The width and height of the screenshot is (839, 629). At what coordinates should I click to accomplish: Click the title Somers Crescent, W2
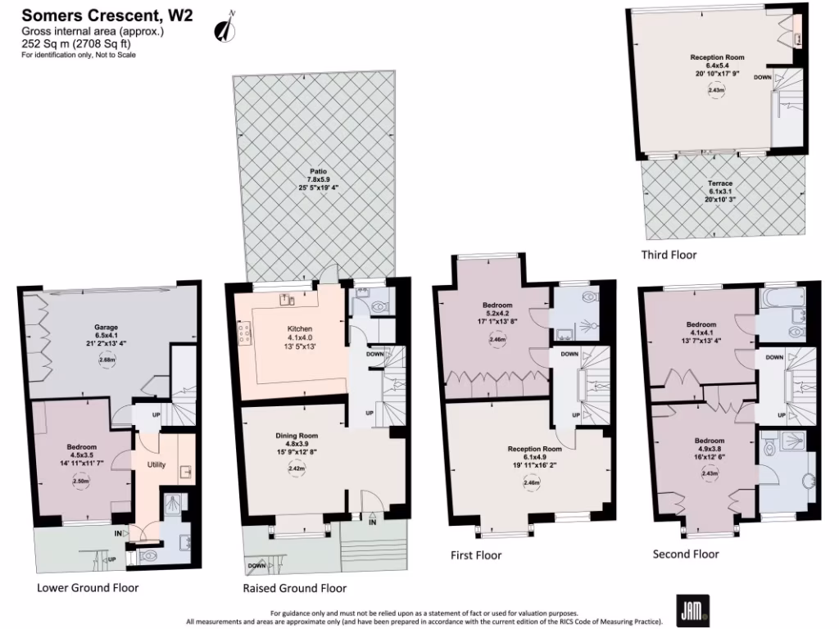click(x=107, y=15)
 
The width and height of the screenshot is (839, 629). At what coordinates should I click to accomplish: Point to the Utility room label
click(x=156, y=464)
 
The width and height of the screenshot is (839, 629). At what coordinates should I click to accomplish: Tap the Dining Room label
click(x=297, y=437)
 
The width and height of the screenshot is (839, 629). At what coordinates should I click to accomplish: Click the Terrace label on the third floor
click(x=720, y=183)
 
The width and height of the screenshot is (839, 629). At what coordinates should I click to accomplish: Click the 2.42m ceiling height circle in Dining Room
click(x=297, y=469)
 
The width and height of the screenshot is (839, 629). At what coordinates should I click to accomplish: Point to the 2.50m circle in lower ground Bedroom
click(x=80, y=482)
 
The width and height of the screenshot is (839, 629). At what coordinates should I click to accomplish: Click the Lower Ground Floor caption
click(x=88, y=587)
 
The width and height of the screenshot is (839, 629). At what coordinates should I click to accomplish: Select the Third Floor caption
click(x=669, y=255)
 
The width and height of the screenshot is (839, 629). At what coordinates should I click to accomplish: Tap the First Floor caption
click(x=476, y=554)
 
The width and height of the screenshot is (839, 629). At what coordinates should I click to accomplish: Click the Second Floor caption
click(x=685, y=554)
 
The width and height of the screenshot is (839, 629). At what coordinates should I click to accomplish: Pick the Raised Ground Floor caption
click(x=294, y=588)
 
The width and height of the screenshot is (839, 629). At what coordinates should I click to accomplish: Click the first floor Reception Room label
click(x=534, y=450)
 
